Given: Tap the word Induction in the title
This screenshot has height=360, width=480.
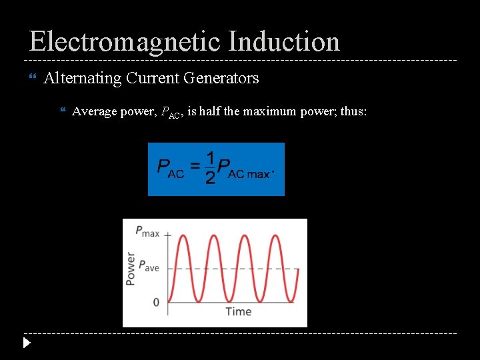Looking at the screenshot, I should (284, 41).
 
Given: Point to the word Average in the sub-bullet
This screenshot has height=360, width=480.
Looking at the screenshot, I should (94, 111).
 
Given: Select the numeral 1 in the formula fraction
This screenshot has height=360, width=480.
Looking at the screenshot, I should (210, 158).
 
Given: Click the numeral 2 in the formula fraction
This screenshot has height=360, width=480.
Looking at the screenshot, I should (210, 179).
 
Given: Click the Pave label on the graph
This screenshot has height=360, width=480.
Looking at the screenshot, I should (147, 267).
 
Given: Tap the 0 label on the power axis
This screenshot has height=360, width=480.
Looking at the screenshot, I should (156, 302).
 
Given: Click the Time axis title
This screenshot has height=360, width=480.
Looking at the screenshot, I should (238, 311).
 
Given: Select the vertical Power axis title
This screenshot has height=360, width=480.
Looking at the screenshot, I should (131, 269).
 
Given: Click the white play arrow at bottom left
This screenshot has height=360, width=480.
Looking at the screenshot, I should (26, 344).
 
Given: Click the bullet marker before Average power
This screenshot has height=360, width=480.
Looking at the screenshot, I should (63, 111).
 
